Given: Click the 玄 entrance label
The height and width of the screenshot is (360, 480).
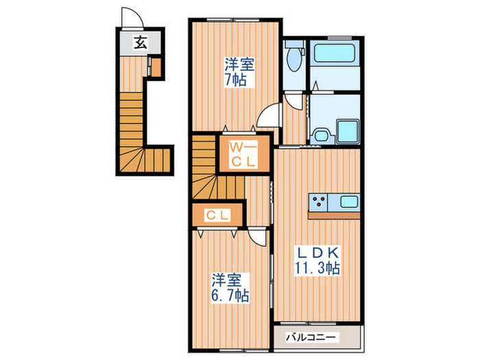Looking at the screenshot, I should point(139,43).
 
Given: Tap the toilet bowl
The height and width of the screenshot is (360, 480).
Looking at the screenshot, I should point(294,59).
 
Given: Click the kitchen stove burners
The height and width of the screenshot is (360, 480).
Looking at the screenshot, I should point(320,203).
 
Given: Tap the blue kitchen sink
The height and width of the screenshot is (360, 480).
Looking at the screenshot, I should point(348,202).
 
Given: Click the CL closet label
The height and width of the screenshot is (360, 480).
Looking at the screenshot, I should point(218,215).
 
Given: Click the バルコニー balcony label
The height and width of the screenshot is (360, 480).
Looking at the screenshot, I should point(311,337).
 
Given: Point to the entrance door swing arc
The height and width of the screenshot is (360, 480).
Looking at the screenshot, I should point(129,16).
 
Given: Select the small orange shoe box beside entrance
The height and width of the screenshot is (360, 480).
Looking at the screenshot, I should point(156,67).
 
